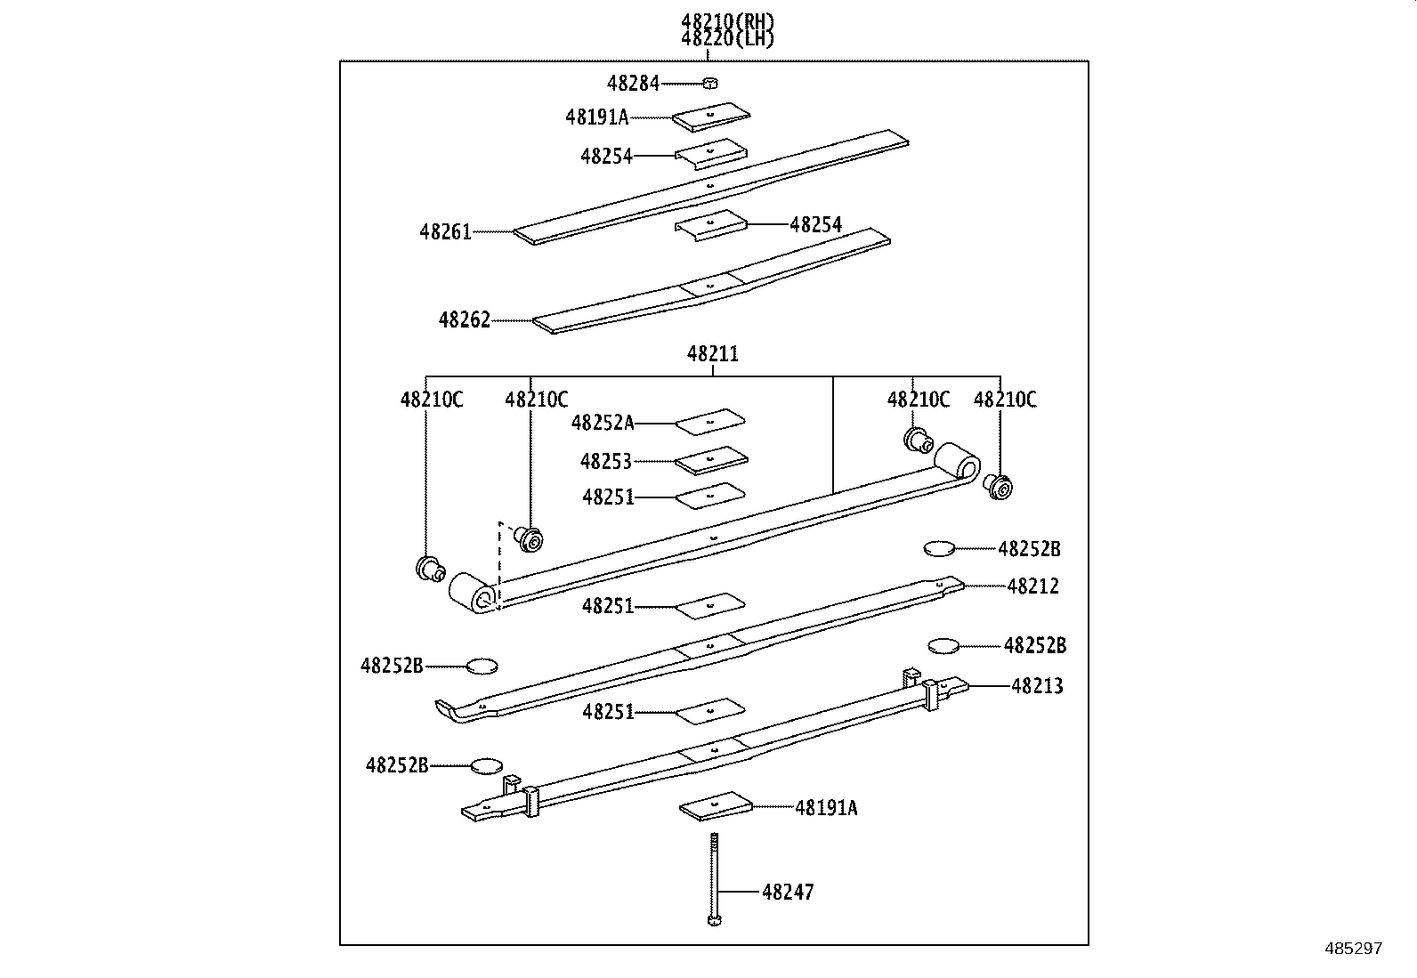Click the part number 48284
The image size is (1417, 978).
tap(633, 84)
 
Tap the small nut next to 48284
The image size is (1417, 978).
tap(709, 84)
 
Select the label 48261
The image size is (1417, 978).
tap(445, 232)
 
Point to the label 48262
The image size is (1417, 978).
tap(464, 319)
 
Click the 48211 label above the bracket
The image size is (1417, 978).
tap(712, 354)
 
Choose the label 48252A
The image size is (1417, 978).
tap(603, 423)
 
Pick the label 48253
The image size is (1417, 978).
tap(605, 461)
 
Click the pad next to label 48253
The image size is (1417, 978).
tap(710, 460)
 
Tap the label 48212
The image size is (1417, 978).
tap(1032, 586)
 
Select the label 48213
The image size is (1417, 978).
tap(1037, 686)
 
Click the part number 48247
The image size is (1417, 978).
tap(788, 892)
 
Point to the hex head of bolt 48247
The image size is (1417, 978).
tap(713, 919)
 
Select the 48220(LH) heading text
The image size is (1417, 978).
tap(727, 38)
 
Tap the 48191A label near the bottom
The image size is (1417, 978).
tap(826, 808)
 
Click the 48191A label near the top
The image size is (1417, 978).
tap(596, 117)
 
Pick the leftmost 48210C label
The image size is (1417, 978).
tap(432, 400)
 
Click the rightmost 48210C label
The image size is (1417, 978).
tap(1005, 400)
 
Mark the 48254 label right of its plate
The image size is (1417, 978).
tap(815, 224)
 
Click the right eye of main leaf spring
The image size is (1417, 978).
tap(958, 463)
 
